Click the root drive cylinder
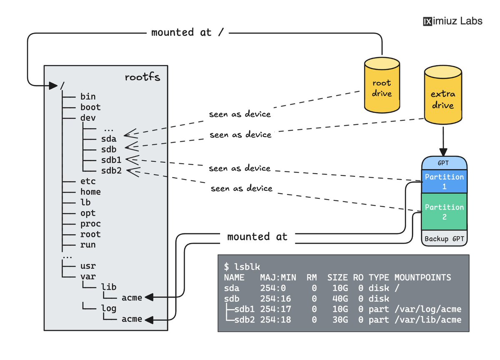pos(382,87)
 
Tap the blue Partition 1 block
pos(444,181)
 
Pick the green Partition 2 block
pos(444,212)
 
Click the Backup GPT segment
pos(444,239)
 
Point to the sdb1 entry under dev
pos(111,160)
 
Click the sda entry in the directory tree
pos(108,138)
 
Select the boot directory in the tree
pos(90,107)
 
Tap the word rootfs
pos(142,77)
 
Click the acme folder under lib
pos(132,297)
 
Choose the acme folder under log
pos(132,319)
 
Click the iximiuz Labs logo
pos(452,21)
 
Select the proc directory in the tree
pos(90,224)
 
